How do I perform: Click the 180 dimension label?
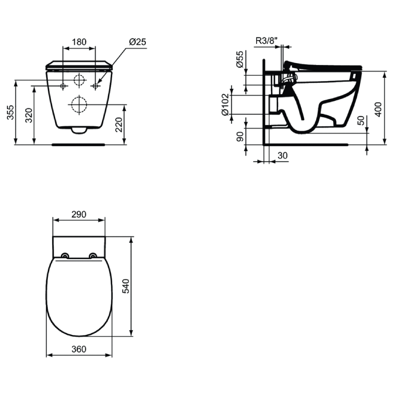(79, 42)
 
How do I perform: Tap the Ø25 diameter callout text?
(137, 42)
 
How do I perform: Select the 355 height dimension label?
(10, 112)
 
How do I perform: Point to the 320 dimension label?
(29, 115)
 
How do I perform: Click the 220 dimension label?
(119, 125)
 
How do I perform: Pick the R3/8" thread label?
(266, 40)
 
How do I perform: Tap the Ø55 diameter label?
(240, 59)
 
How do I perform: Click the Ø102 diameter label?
(226, 104)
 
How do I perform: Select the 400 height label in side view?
(378, 109)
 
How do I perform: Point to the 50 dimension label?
(361, 120)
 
